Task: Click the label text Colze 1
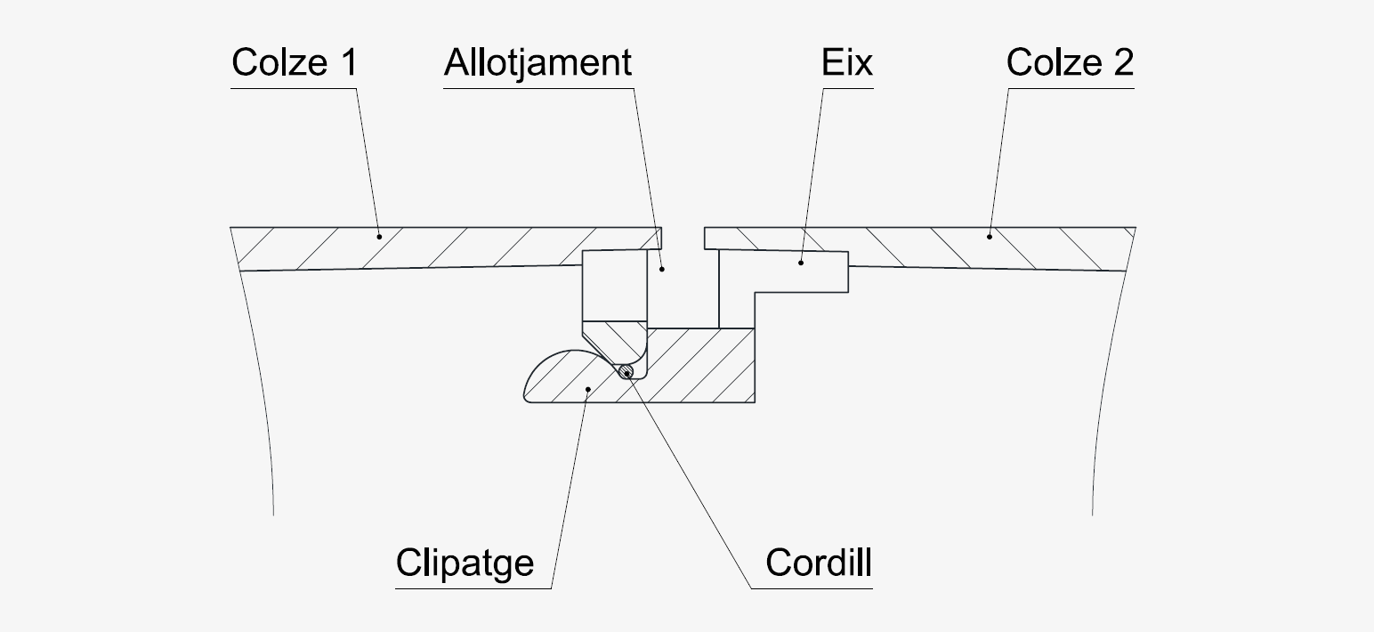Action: click(293, 63)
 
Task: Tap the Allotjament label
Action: click(537, 63)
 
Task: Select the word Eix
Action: click(847, 63)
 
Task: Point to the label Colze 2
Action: click(1070, 63)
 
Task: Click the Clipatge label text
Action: click(465, 563)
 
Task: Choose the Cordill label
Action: click(819, 563)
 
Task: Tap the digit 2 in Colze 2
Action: click(1123, 63)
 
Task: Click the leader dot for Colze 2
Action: click(988, 236)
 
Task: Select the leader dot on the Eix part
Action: click(800, 263)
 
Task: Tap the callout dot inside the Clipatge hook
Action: click(586, 389)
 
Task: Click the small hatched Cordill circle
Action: click(628, 372)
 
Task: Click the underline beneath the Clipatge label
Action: click(473, 587)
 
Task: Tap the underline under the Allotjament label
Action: click(537, 88)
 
